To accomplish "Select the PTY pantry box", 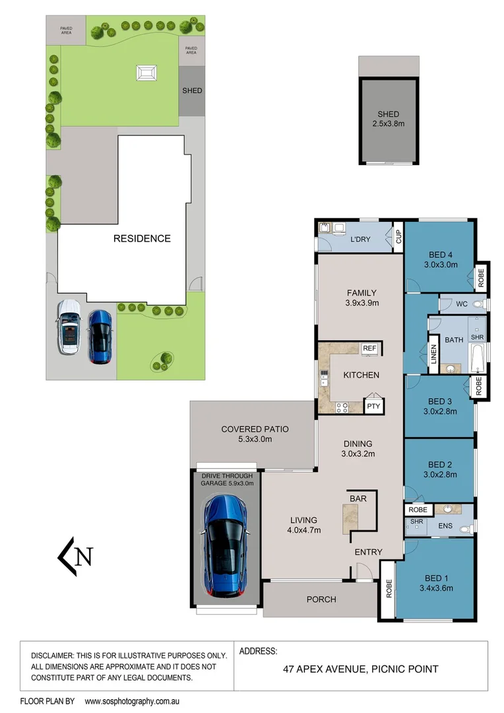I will [373, 406].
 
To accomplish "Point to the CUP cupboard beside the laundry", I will [398, 237].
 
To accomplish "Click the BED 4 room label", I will [441, 255].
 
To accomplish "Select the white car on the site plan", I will [69, 327].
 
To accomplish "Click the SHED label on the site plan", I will [192, 90].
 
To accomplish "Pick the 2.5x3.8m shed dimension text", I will [389, 123].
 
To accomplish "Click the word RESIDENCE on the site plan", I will [142, 238].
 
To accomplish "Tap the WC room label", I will [462, 304].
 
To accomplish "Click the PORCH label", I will [321, 599].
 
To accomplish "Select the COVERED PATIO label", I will [255, 429].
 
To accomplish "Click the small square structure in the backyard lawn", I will [146, 73].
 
